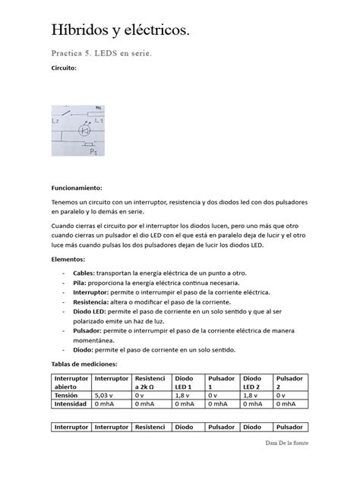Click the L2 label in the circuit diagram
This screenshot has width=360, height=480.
(55, 121)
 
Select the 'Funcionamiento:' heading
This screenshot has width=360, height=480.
(76, 187)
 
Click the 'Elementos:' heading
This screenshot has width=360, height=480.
(68, 259)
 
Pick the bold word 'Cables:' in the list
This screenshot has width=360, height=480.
(84, 272)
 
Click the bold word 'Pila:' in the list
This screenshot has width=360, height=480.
(80, 282)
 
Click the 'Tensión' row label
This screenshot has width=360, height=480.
(66, 395)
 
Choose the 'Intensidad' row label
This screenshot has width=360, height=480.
(70, 406)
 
